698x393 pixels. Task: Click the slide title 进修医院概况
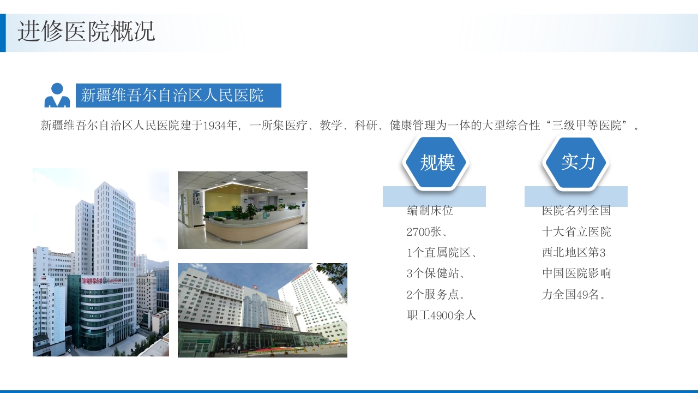(x=86, y=32)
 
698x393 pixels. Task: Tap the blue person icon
(x=57, y=96)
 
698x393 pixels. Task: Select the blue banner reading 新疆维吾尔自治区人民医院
(x=178, y=96)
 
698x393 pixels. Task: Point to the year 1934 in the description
(x=214, y=126)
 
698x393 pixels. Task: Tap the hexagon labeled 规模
(x=437, y=162)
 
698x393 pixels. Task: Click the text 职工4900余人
(x=442, y=315)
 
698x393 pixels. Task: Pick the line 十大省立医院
(x=576, y=232)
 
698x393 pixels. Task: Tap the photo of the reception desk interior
(x=243, y=210)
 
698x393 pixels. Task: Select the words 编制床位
(x=430, y=211)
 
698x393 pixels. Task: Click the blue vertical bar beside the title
(x=3, y=33)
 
